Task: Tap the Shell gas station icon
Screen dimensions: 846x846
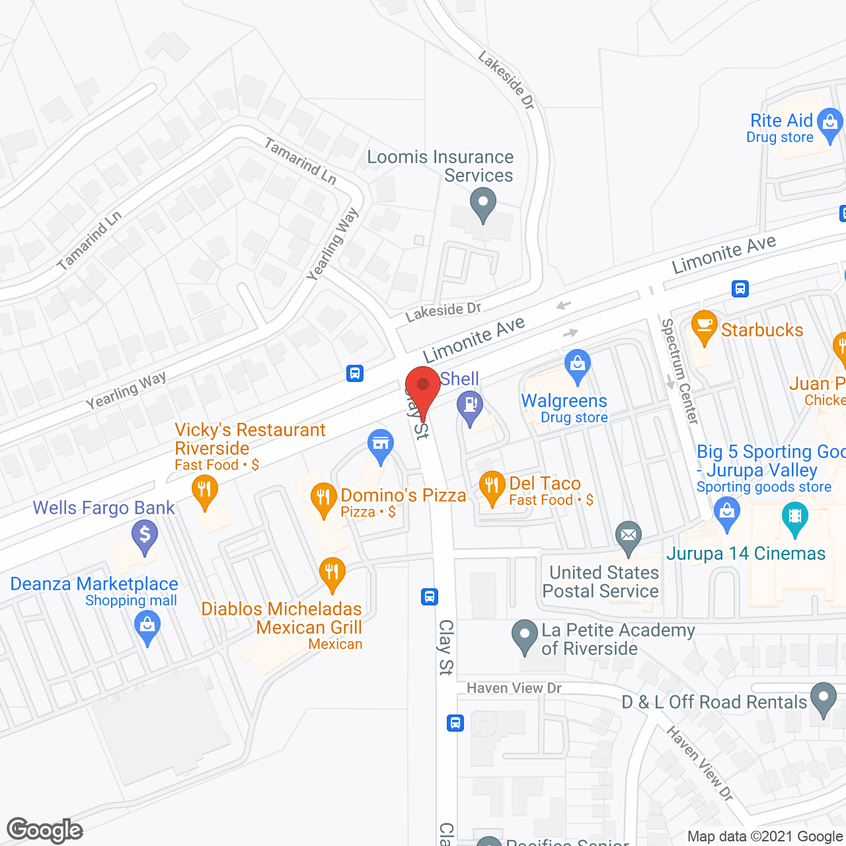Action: pyautogui.click(x=470, y=404)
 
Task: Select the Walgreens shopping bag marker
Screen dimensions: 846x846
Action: pyautogui.click(x=578, y=364)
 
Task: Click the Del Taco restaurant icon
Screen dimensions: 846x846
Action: pyautogui.click(x=491, y=486)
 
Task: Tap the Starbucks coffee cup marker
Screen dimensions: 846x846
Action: pyautogui.click(x=705, y=325)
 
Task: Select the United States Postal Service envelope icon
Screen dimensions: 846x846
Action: pyautogui.click(x=629, y=535)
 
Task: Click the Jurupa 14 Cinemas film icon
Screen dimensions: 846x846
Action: pyautogui.click(x=794, y=516)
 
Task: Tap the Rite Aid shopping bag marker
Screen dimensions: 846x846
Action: pyautogui.click(x=830, y=123)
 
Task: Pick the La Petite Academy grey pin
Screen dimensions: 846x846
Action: pyautogui.click(x=525, y=635)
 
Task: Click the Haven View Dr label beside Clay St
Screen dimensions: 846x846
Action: pyautogui.click(x=514, y=688)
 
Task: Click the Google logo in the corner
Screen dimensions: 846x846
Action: pyautogui.click(x=45, y=830)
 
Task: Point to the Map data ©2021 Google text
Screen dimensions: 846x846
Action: pyautogui.click(x=765, y=837)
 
